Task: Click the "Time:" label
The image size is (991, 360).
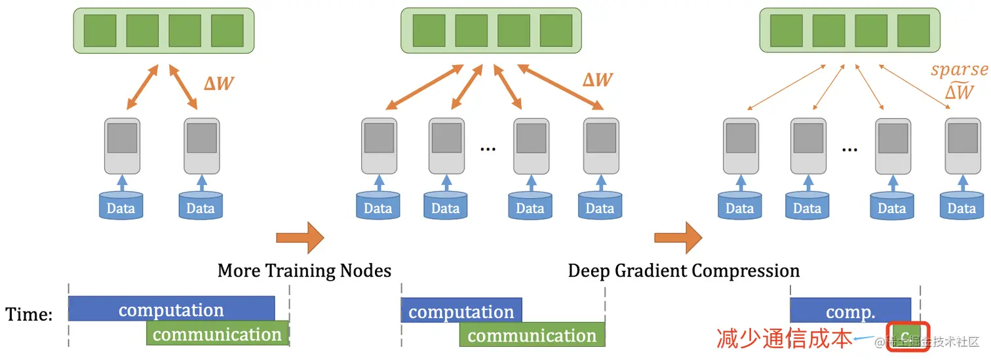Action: (x=29, y=315)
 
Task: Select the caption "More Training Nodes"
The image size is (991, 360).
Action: (x=304, y=270)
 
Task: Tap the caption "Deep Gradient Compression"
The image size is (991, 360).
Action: (x=684, y=270)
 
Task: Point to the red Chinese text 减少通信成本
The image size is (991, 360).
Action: (x=784, y=338)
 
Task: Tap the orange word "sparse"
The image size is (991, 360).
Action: (x=959, y=70)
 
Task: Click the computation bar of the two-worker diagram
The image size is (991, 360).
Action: (x=171, y=309)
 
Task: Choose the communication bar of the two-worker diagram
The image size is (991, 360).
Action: (x=217, y=334)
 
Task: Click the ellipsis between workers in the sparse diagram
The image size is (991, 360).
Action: (x=849, y=148)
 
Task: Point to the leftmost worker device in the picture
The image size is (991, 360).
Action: (x=122, y=146)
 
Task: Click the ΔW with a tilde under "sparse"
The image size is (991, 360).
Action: (x=959, y=92)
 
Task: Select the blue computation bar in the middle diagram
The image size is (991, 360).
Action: (x=461, y=310)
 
